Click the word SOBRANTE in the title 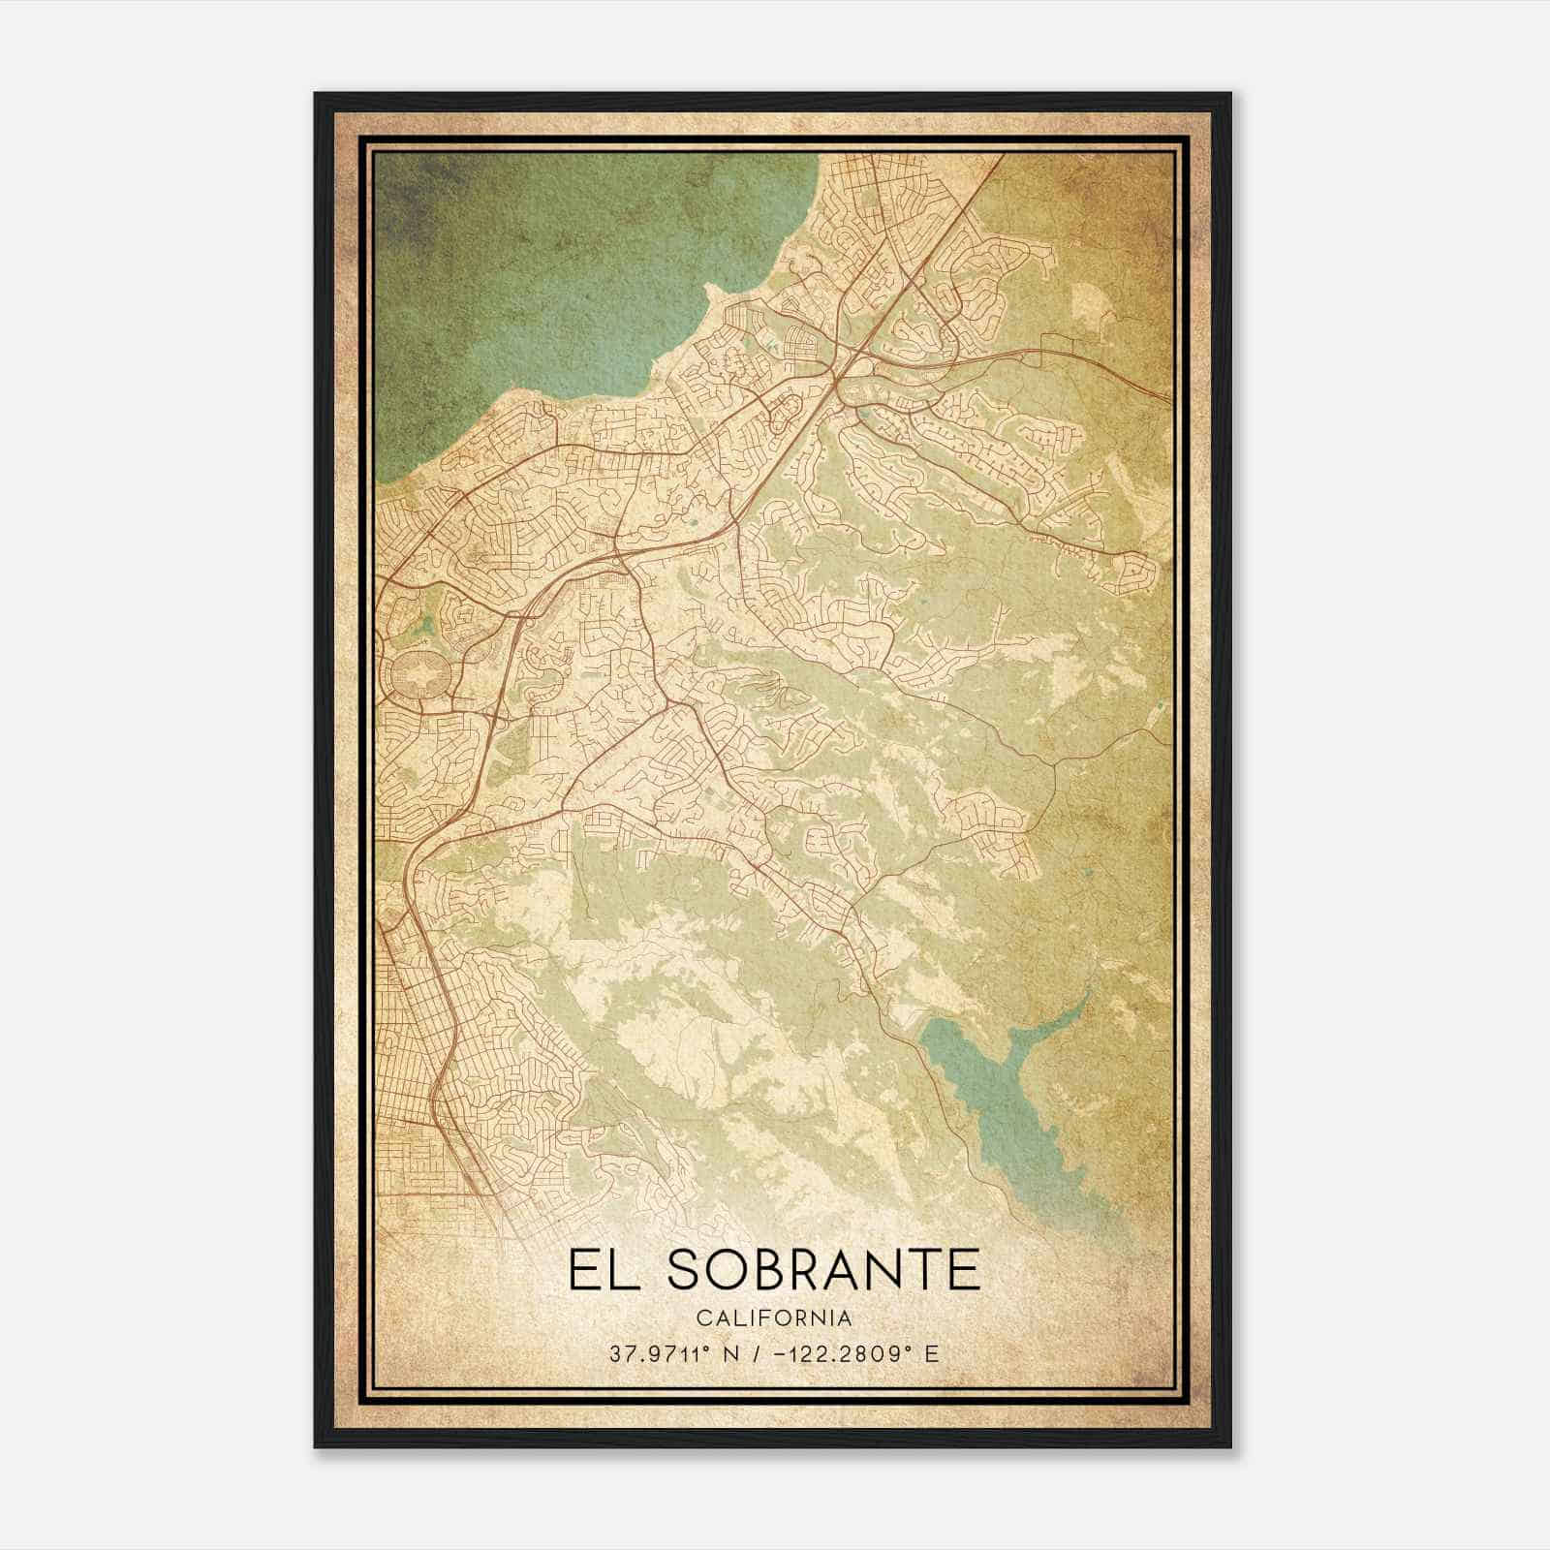pos(824,1270)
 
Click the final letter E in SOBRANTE pos(963,1270)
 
